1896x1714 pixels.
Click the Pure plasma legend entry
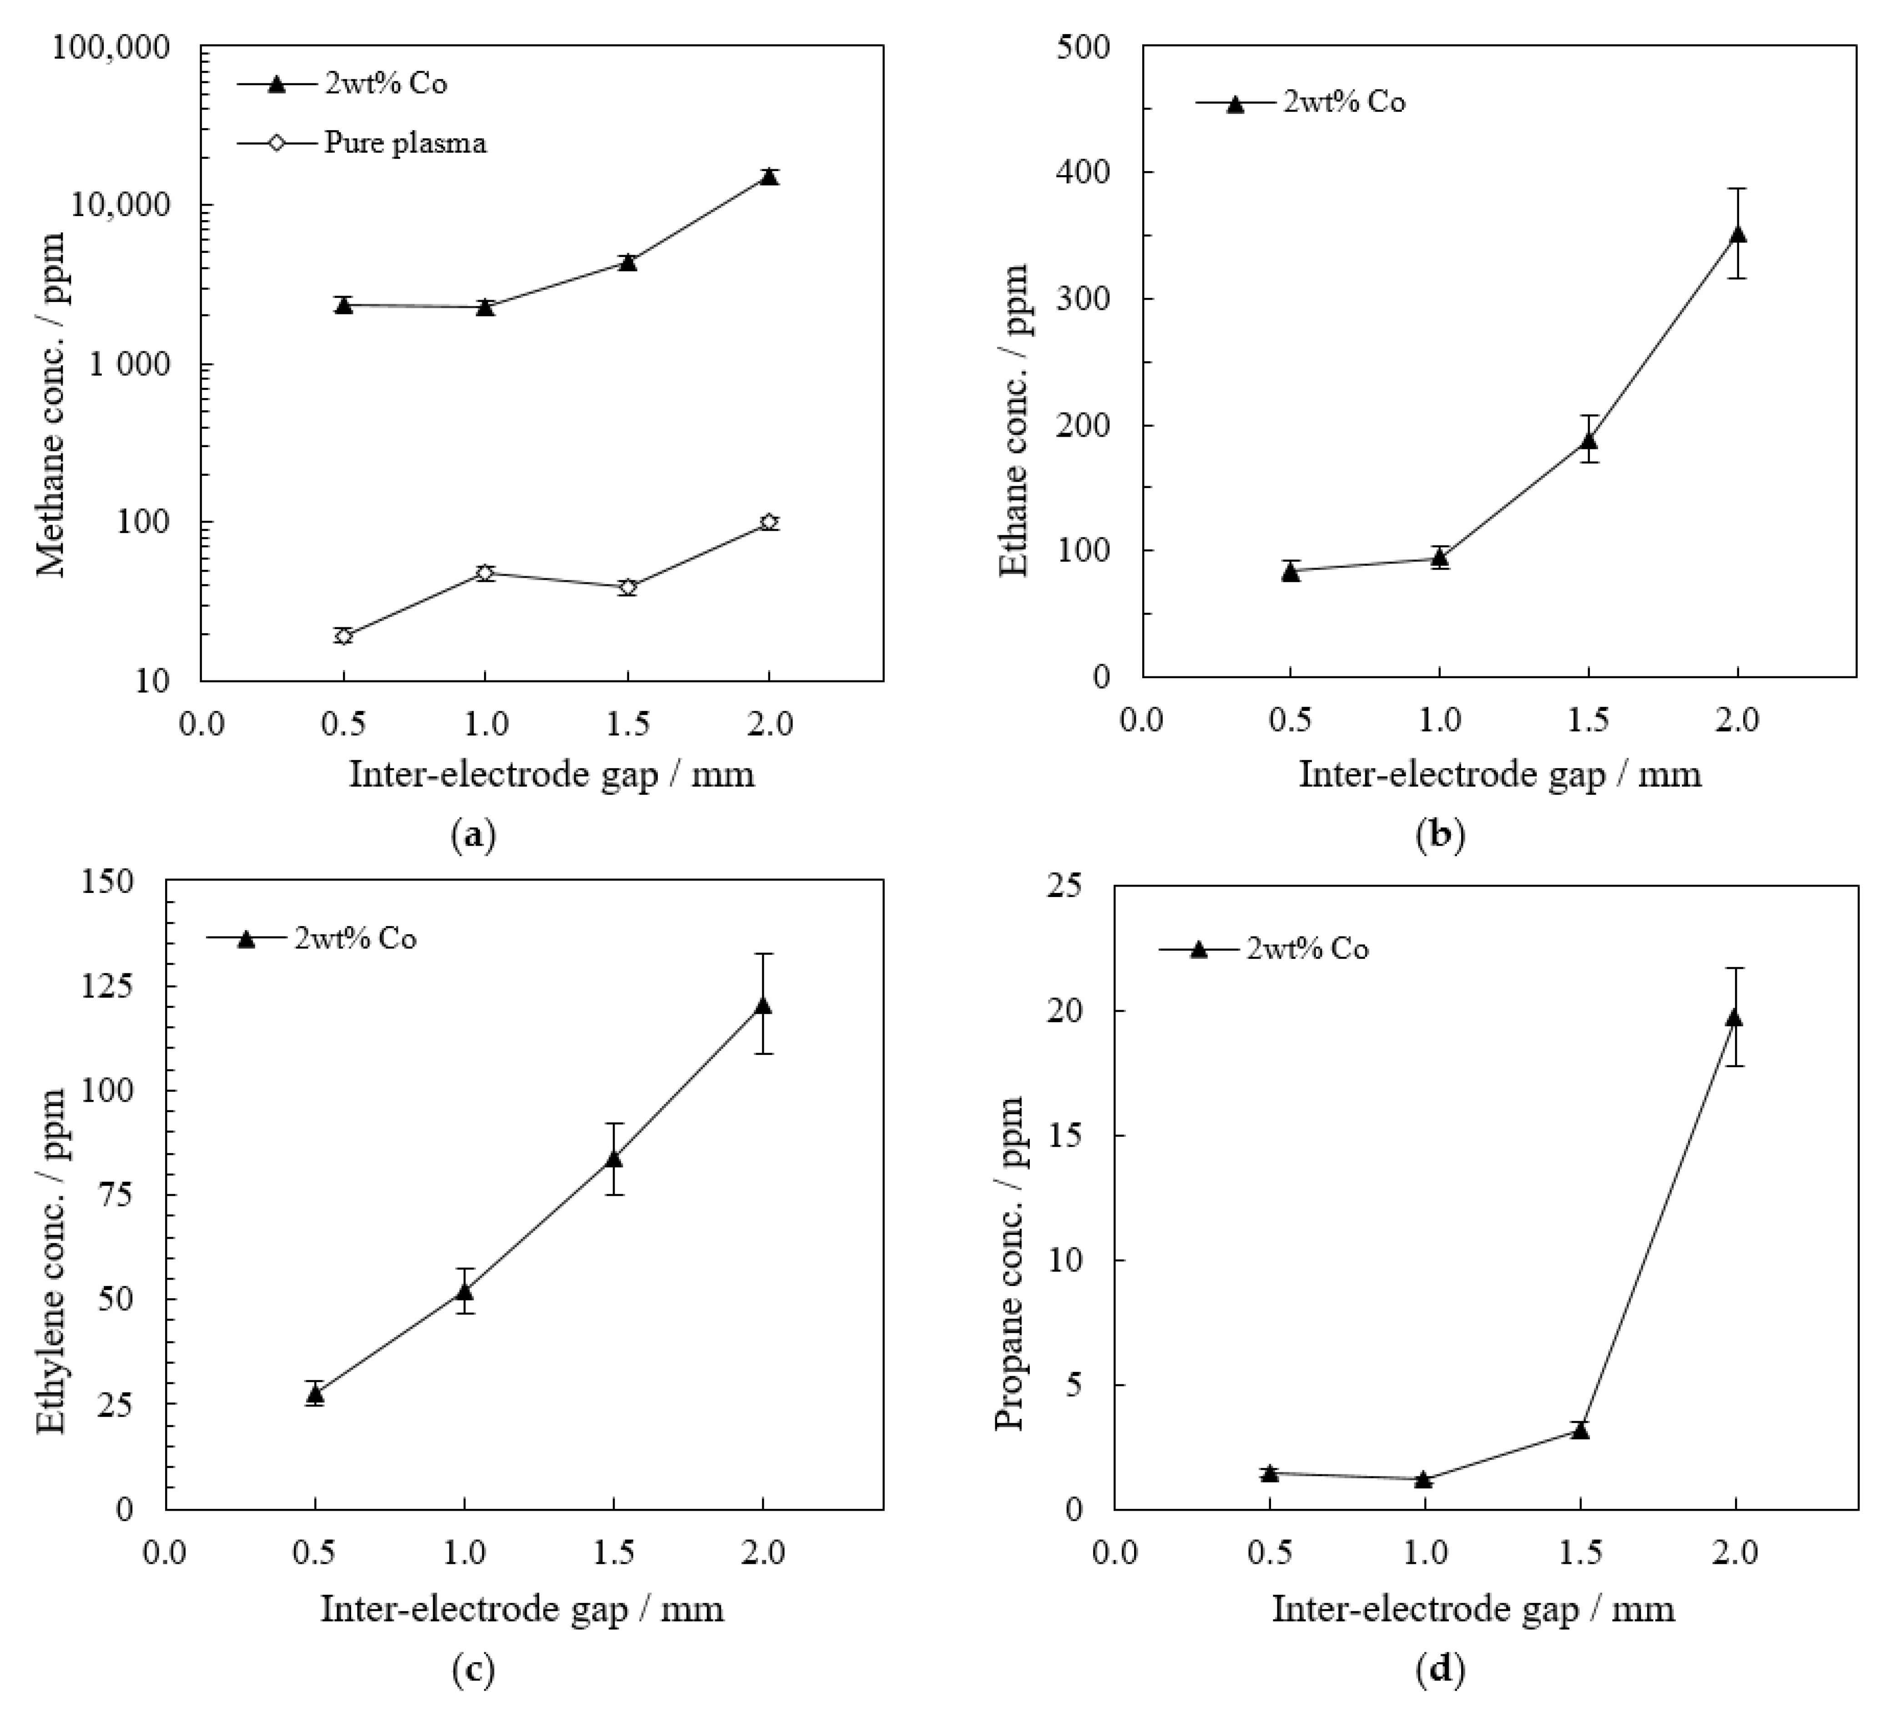pyautogui.click(x=404, y=143)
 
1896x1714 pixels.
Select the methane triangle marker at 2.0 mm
pyautogui.click(x=769, y=177)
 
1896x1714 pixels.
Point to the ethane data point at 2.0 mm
pyautogui.click(x=1738, y=235)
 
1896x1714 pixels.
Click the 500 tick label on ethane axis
pyautogui.click(x=1084, y=47)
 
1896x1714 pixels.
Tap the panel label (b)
pyautogui.click(x=1440, y=834)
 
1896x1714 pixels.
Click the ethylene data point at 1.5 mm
pyautogui.click(x=613, y=1158)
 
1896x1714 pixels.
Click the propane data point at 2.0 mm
pyautogui.click(x=1734, y=1017)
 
